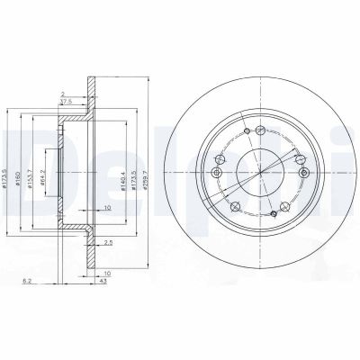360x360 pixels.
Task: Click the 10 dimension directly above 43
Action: (106, 272)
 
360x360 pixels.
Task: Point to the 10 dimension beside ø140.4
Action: (106, 207)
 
